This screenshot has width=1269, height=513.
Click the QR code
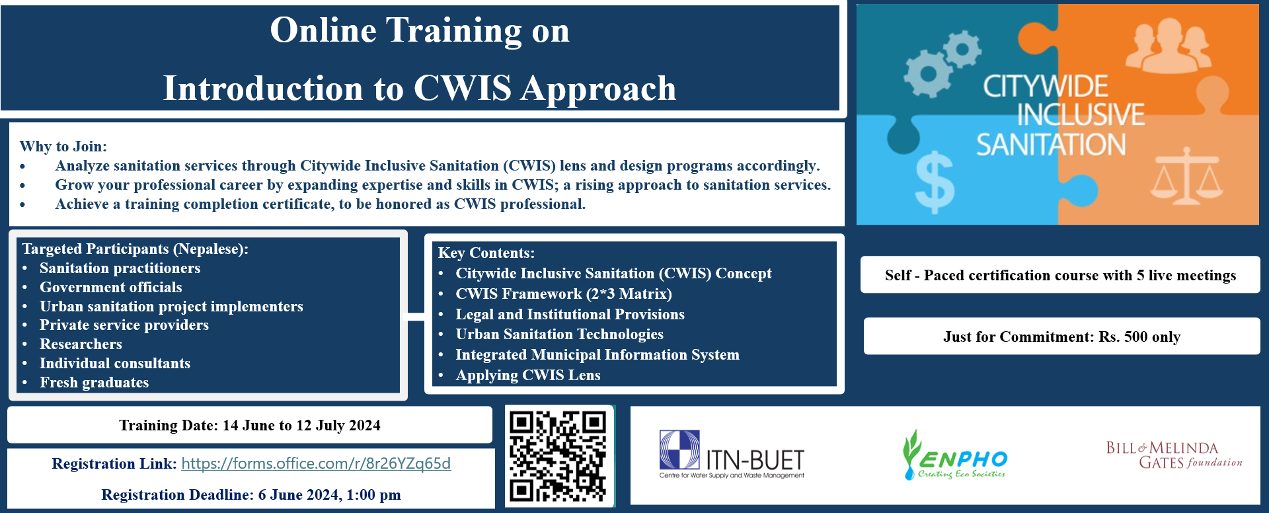pyautogui.click(x=558, y=456)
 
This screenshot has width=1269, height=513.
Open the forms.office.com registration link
pyautogui.click(x=316, y=463)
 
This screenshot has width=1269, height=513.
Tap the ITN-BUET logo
pyautogui.click(x=732, y=454)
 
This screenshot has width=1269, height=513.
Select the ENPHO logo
pyautogui.click(x=954, y=455)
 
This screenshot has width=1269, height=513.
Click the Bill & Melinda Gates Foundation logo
pyautogui.click(x=1174, y=455)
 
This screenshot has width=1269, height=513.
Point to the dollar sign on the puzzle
pyautogui.click(x=935, y=182)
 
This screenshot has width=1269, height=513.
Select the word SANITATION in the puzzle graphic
pyautogui.click(x=1052, y=145)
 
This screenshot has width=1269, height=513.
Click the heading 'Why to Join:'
pyautogui.click(x=63, y=146)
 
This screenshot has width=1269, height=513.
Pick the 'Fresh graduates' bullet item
pyautogui.click(x=94, y=382)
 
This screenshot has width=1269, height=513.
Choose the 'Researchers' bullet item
pyautogui.click(x=81, y=344)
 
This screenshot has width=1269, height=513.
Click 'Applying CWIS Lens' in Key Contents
pyautogui.click(x=528, y=375)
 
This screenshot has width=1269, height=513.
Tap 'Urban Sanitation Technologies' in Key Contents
pyautogui.click(x=559, y=334)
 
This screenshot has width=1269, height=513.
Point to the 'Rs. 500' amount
pyautogui.click(x=1123, y=336)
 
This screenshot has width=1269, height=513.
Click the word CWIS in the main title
pyautogui.click(x=463, y=88)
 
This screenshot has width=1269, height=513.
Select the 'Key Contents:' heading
pyautogui.click(x=486, y=253)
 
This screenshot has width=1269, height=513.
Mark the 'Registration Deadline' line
pyautogui.click(x=251, y=494)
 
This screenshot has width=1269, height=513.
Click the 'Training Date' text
pyautogui.click(x=250, y=425)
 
